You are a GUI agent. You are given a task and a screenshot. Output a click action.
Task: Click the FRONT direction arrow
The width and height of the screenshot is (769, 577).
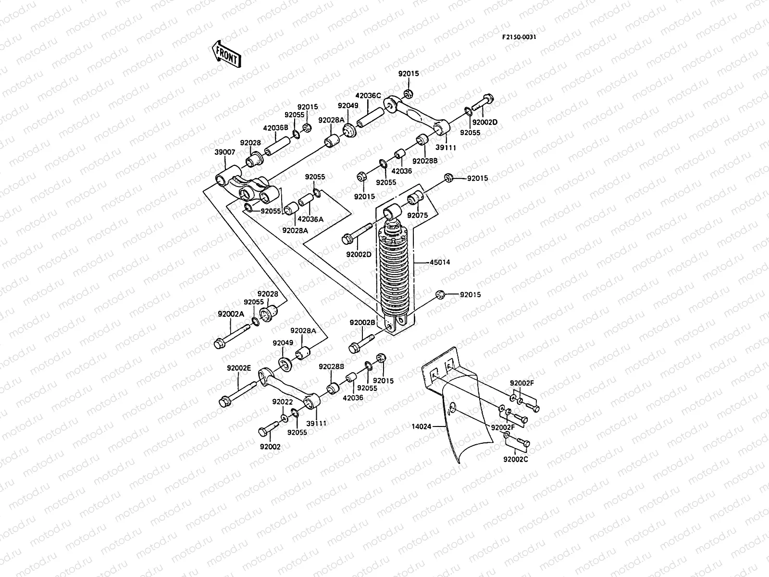[225, 53]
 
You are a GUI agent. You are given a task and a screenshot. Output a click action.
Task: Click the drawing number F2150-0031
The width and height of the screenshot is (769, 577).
[519, 37]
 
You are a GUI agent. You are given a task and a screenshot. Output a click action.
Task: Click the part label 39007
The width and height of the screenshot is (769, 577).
[224, 152]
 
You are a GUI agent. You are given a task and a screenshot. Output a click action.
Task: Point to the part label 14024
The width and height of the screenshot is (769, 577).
[422, 426]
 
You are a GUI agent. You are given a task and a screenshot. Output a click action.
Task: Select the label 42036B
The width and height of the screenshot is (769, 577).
[275, 128]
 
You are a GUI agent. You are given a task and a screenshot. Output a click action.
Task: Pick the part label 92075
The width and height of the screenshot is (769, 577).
[417, 216]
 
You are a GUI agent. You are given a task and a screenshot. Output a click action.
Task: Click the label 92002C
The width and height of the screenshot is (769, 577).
[515, 459]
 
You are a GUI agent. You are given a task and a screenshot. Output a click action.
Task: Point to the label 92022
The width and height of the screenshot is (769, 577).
[282, 401]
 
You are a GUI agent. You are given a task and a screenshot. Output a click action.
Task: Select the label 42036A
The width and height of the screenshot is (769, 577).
[310, 219]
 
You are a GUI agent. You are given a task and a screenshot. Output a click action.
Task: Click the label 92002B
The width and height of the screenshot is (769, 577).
[362, 323]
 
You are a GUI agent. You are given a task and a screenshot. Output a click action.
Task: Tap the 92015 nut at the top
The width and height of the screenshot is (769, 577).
[408, 93]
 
